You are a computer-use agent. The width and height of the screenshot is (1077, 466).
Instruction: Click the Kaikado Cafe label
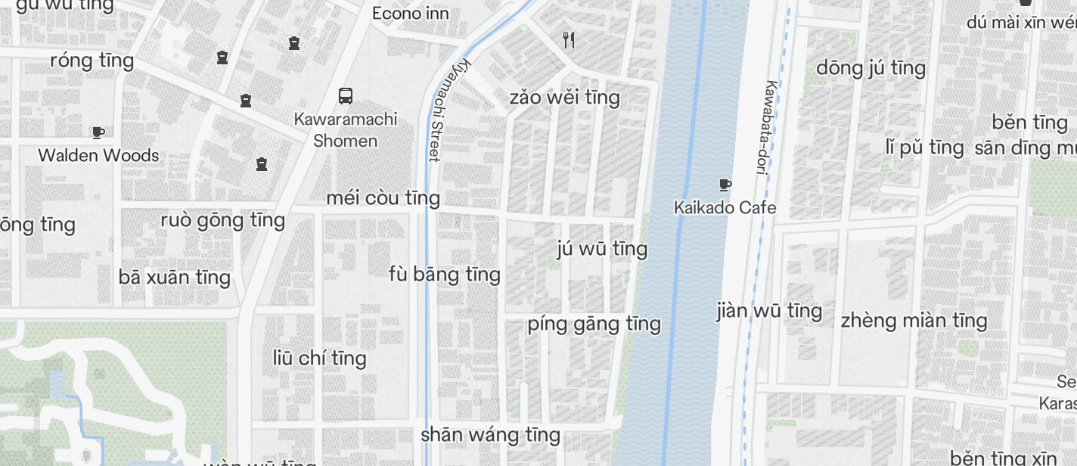pyautogui.click(x=725, y=207)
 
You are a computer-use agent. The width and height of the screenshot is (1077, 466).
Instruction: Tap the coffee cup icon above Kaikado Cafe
pyautogui.click(x=725, y=185)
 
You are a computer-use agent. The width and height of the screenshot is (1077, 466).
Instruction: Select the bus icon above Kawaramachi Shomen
pyautogui.click(x=346, y=96)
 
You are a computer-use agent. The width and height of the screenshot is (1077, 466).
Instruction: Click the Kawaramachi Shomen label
pyautogui.click(x=346, y=129)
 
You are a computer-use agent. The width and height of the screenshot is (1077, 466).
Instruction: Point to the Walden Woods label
pyautogui.click(x=98, y=155)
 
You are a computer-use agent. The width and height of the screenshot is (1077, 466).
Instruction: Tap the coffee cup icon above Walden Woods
pyautogui.click(x=98, y=133)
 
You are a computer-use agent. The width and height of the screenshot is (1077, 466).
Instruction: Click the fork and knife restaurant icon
pyautogui.click(x=569, y=40)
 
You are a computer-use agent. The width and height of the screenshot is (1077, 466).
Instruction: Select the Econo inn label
pyautogui.click(x=411, y=13)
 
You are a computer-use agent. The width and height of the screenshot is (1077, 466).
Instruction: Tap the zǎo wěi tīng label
pyautogui.click(x=564, y=97)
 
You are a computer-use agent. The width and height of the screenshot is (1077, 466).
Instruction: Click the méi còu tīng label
pyautogui.click(x=383, y=197)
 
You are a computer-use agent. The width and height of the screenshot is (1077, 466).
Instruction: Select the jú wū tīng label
pyautogui.click(x=602, y=248)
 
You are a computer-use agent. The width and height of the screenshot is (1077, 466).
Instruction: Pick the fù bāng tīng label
pyautogui.click(x=445, y=273)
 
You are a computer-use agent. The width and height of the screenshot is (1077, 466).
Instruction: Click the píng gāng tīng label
pyautogui.click(x=594, y=323)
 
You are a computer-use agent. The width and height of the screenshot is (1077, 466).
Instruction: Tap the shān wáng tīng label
pyautogui.click(x=490, y=434)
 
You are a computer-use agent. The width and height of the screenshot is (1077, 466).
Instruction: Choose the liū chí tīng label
pyautogui.click(x=319, y=357)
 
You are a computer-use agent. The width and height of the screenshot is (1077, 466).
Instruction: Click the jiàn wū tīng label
pyautogui.click(x=769, y=310)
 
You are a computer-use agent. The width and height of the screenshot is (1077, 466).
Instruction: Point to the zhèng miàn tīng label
pyautogui.click(x=914, y=320)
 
